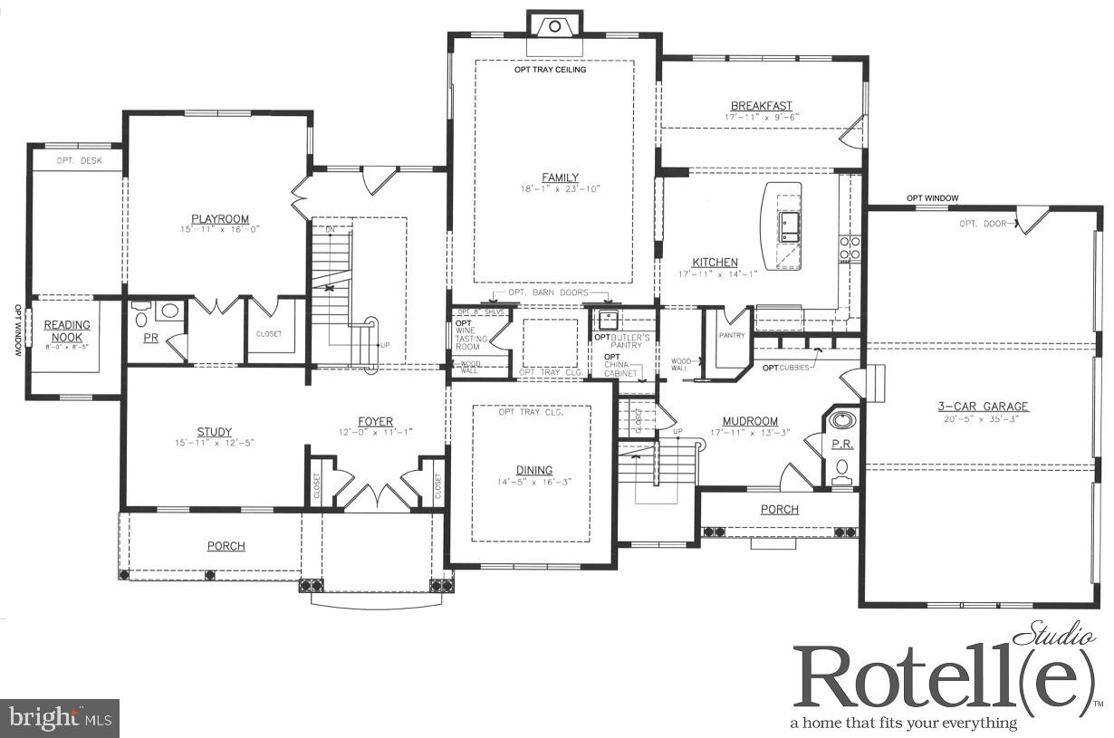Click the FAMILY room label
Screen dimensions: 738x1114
560,177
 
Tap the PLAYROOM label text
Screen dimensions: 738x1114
220,219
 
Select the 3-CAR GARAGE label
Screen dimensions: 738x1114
983,407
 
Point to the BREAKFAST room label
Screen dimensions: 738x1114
761,106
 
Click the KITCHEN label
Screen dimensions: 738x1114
715,263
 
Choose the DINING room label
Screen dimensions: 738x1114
534,470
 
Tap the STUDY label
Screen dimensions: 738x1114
215,432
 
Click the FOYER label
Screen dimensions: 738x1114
375,421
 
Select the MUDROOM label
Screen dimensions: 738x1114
750,421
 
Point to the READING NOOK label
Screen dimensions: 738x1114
68,331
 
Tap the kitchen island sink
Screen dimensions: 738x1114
787,225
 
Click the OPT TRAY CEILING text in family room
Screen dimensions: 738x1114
551,70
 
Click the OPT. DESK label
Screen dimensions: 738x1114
79,161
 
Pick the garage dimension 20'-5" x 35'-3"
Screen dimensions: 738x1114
983,419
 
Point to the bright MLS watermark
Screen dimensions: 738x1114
60,718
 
